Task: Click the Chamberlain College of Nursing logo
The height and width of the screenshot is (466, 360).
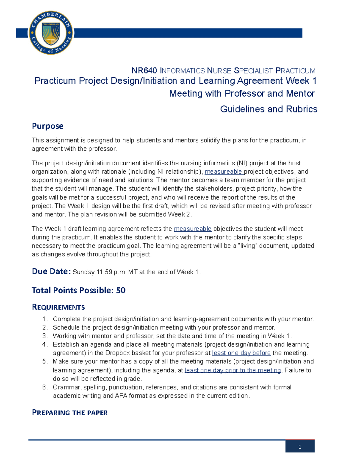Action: tap(51, 33)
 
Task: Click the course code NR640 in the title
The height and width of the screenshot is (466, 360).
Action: tap(144, 71)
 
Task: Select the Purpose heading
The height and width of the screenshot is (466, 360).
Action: tap(47, 126)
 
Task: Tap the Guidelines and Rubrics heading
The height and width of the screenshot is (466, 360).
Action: tap(268, 109)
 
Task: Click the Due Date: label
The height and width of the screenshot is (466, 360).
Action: tap(51, 272)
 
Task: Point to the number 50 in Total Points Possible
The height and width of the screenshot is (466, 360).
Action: tap(121, 290)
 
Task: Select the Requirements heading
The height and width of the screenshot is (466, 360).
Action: tap(58, 307)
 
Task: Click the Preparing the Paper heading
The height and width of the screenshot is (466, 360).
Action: tap(70, 413)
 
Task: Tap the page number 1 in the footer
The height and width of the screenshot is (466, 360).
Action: tap(300, 447)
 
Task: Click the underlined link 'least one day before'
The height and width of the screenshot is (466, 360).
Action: tap(241, 353)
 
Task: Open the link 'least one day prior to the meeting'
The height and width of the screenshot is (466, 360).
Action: tap(233, 370)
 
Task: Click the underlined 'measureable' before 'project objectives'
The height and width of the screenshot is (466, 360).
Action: tap(223, 172)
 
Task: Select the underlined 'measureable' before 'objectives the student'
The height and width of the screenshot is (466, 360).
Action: tap(193, 229)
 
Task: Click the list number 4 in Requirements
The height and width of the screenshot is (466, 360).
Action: tap(45, 344)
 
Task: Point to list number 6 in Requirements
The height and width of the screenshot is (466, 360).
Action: tap(45, 387)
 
